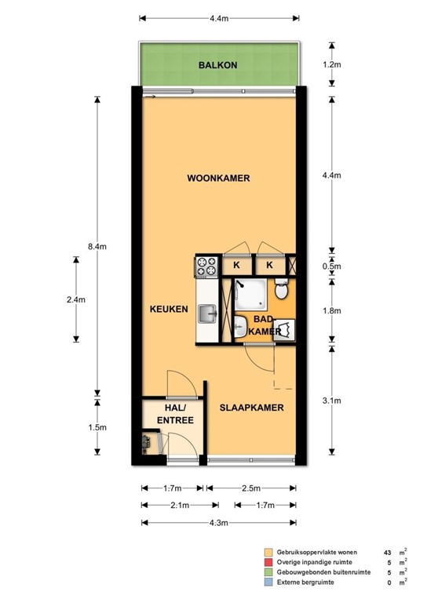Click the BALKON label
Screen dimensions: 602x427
(218, 66)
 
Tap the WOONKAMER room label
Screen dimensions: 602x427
(218, 179)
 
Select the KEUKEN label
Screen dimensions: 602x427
(169, 310)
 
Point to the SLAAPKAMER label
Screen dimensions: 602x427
(251, 408)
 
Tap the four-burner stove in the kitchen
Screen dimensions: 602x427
(206, 267)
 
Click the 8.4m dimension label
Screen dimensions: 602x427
(97, 246)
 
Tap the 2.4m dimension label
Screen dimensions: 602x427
(76, 299)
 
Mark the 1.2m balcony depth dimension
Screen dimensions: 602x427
(333, 64)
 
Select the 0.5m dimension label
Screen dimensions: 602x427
(333, 267)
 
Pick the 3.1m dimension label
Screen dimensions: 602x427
(333, 401)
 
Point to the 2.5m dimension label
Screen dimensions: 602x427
(251, 488)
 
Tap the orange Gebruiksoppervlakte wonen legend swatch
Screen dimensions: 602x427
(268, 552)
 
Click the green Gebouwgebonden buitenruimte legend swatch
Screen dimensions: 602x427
(268, 572)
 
